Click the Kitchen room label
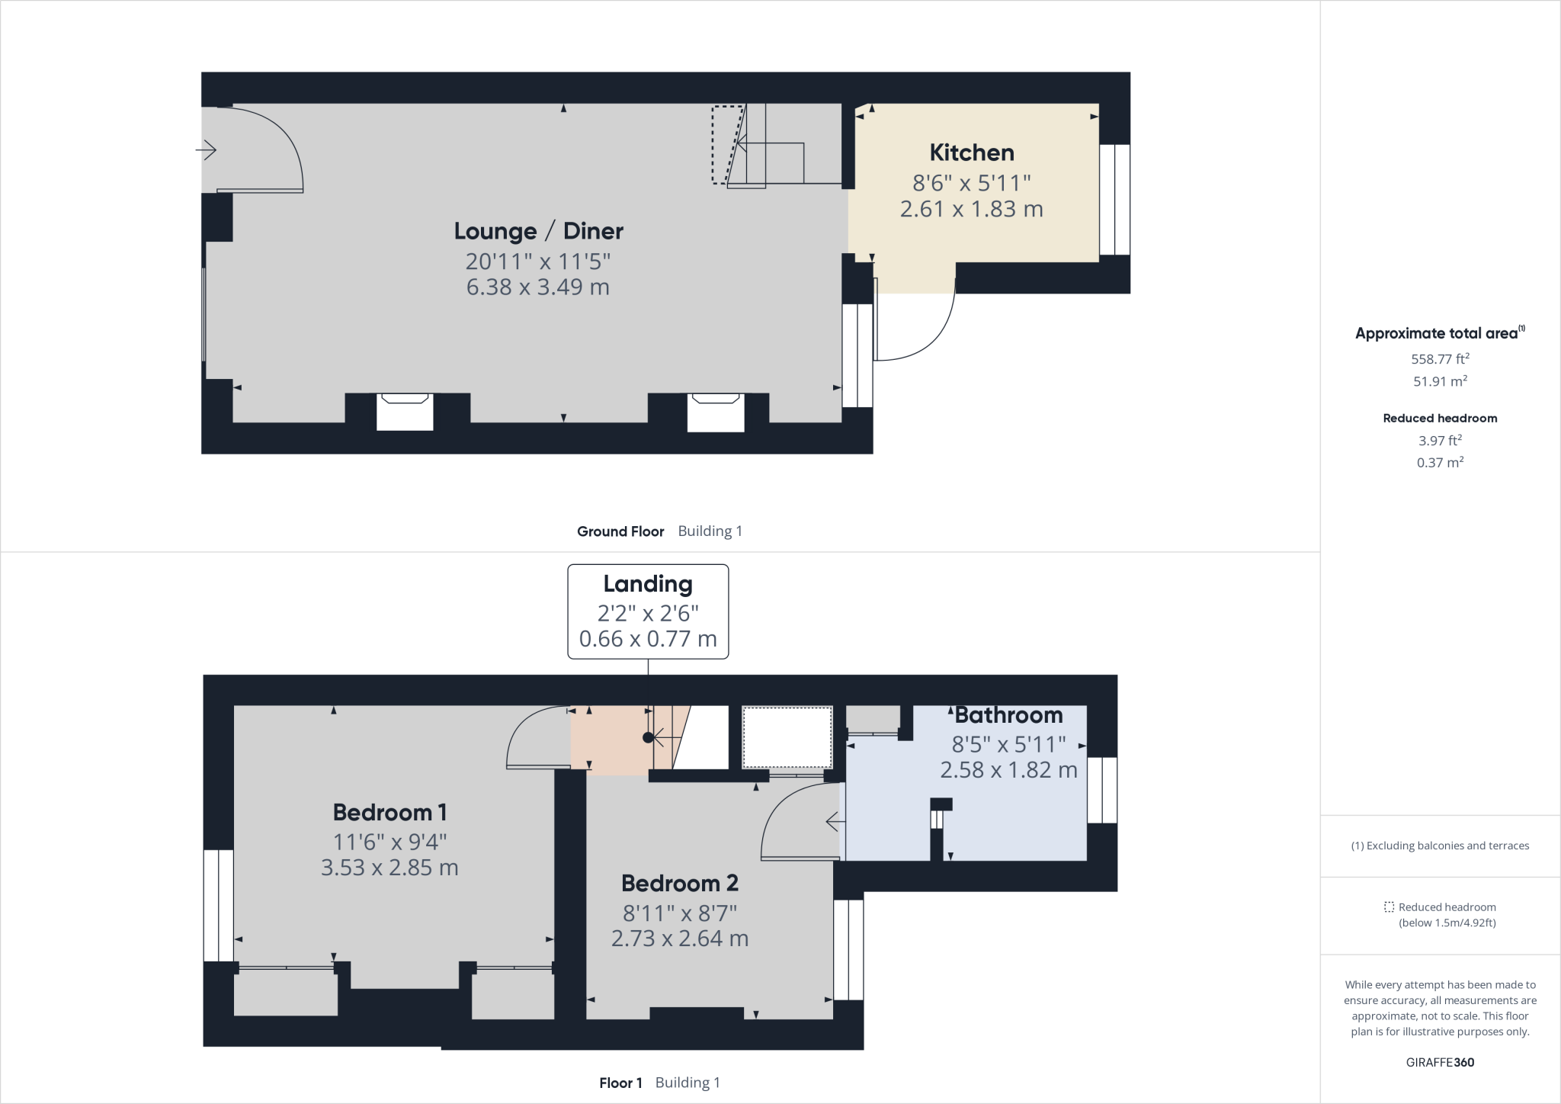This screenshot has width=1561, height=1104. tap(972, 152)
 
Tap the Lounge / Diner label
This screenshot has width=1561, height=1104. tap(539, 231)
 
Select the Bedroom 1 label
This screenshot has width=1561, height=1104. tap(389, 813)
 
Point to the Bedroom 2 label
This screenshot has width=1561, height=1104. tap(680, 884)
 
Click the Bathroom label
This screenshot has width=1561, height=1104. tap(1008, 715)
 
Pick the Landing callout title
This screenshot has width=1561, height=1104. tap(648, 585)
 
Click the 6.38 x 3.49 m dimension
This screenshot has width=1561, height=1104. tap(538, 287)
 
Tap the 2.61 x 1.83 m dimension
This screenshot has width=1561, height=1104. tap(972, 209)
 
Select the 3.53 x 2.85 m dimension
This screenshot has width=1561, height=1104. tap(389, 868)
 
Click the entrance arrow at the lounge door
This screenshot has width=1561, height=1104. tap(206, 150)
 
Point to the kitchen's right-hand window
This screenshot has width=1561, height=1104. tap(1114, 199)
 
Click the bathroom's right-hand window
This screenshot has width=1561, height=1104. tap(1102, 790)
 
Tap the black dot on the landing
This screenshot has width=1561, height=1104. tap(648, 737)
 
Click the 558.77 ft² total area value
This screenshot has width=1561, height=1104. tap(1440, 358)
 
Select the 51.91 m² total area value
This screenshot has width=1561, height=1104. tap(1440, 380)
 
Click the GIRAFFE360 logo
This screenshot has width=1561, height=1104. tap(1440, 1063)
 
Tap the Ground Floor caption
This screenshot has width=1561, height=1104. tap(620, 531)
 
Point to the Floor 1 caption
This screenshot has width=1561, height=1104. tap(620, 1083)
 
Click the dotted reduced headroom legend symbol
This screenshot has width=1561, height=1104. tap(1389, 907)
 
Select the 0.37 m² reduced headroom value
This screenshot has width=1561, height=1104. tap(1440, 462)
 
